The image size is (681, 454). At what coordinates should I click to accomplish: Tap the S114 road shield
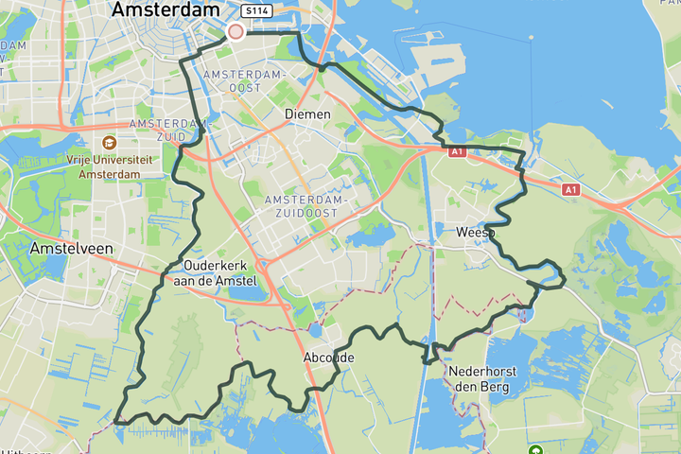tap(253, 11)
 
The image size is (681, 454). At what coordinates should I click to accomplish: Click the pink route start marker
tap(236, 32)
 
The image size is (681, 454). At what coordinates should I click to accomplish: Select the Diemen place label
tap(307, 114)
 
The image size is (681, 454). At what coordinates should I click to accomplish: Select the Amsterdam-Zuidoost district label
tap(306, 207)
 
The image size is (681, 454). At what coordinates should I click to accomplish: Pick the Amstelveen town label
tap(72, 248)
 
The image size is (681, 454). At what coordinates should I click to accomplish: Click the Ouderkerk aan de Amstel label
tap(220, 273)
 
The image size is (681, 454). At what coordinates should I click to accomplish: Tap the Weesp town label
tap(475, 232)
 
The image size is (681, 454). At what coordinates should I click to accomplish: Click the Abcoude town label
tap(328, 358)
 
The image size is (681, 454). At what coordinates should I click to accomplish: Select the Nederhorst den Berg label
tap(481, 379)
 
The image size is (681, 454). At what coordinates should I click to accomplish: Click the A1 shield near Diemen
tap(457, 151)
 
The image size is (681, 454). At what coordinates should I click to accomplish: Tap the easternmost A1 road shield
tap(570, 190)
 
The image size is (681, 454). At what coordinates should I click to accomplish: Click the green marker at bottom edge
tap(535, 450)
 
